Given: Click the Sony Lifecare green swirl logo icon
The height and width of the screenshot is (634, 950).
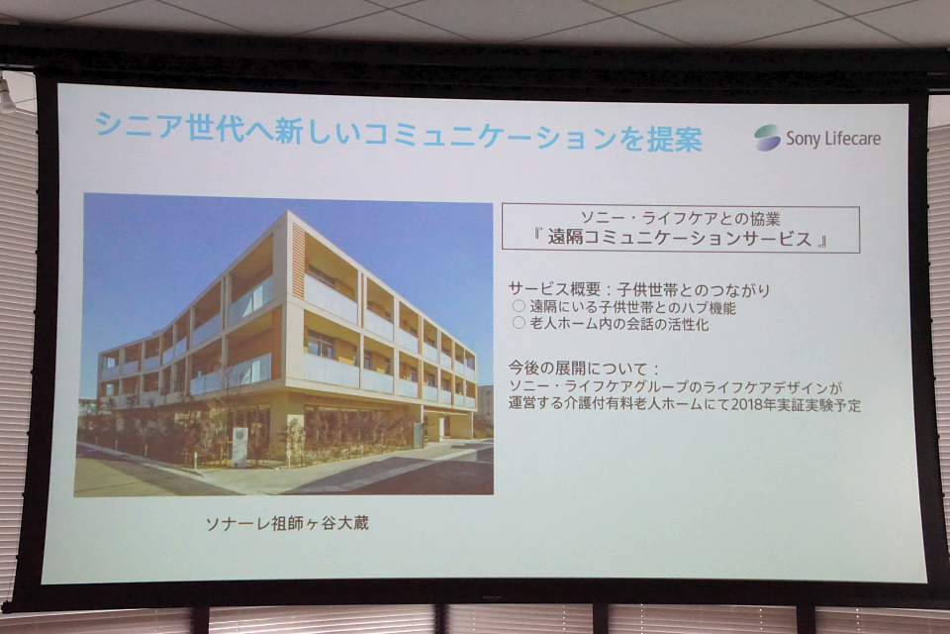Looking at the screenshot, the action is pyautogui.click(x=767, y=138).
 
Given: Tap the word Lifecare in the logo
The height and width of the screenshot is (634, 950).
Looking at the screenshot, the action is pyautogui.click(x=851, y=139).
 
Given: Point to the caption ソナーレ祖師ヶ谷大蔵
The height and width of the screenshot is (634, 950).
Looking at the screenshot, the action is pyautogui.click(x=287, y=523).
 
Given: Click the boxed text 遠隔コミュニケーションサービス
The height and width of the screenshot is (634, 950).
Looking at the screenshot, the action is pyautogui.click(x=680, y=238).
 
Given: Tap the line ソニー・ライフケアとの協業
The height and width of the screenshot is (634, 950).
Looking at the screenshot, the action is pyautogui.click(x=681, y=218).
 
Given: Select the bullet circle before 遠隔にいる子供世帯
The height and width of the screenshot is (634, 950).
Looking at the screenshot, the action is pyautogui.click(x=519, y=306).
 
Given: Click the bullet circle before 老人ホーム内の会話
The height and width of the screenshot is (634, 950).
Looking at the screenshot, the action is pyautogui.click(x=519, y=323).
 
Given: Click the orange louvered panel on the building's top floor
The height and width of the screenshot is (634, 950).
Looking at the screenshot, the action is pyautogui.click(x=298, y=261).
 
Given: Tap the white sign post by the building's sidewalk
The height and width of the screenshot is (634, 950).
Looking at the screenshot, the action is pyautogui.click(x=239, y=447).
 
